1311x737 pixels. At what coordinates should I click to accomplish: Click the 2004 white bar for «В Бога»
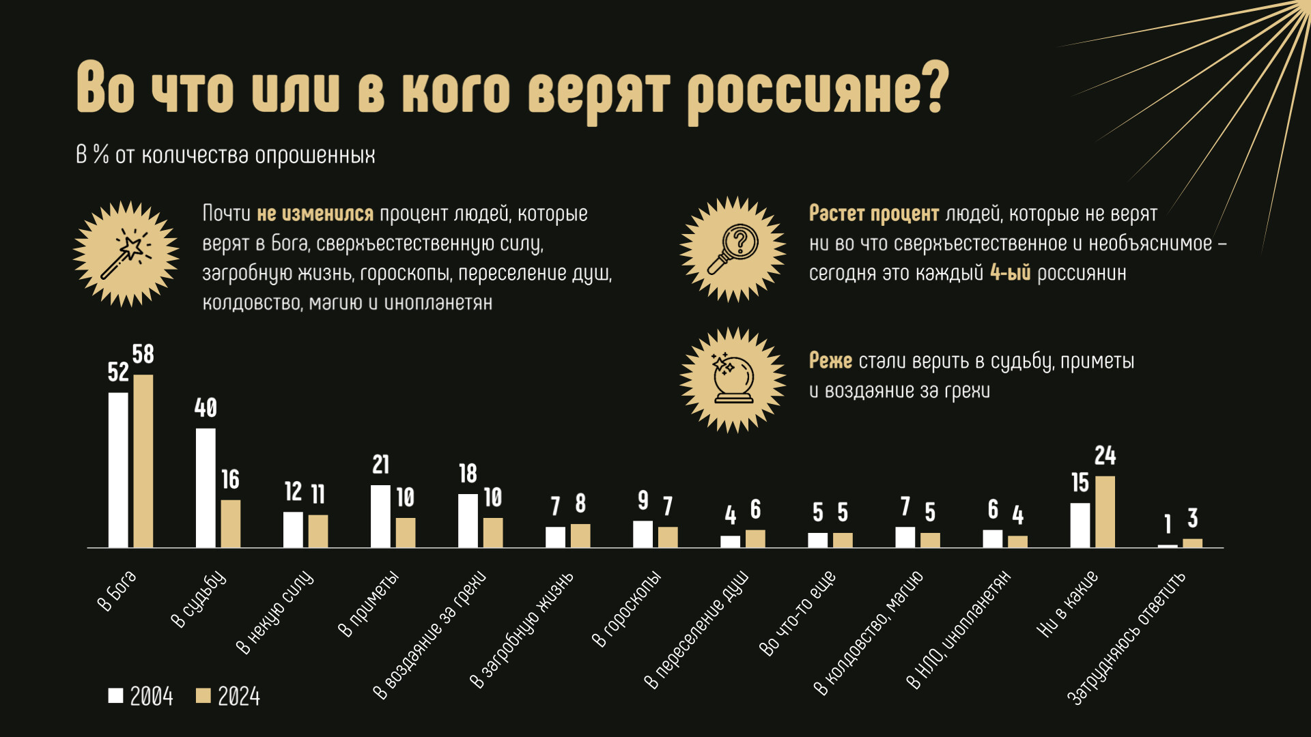pyautogui.click(x=118, y=469)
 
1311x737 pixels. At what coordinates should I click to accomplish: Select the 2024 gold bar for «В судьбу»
pyautogui.click(x=230, y=523)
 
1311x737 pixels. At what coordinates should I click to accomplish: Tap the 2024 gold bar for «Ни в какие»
pyautogui.click(x=1105, y=511)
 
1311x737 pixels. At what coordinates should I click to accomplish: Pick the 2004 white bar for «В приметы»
pyautogui.click(x=380, y=516)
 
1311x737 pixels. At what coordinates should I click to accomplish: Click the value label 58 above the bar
pyautogui.click(x=143, y=354)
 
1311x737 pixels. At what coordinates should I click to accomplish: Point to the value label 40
pyautogui.click(x=206, y=408)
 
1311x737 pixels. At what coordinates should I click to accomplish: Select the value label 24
pyautogui.click(x=1105, y=456)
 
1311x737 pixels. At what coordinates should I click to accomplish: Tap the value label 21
pyautogui.click(x=380, y=465)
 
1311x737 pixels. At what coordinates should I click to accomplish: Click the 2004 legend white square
pyautogui.click(x=115, y=695)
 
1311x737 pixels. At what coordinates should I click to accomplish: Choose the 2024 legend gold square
pyautogui.click(x=203, y=695)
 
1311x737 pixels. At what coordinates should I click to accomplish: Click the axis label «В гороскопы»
pyautogui.click(x=626, y=609)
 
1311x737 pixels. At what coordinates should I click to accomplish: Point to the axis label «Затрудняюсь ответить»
pyautogui.click(x=1126, y=638)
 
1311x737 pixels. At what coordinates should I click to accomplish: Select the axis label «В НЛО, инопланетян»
pyautogui.click(x=957, y=630)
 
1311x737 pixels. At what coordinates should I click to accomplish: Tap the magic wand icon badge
pyautogui.click(x=126, y=254)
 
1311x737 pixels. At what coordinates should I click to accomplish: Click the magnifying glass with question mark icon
pyautogui.click(x=733, y=249)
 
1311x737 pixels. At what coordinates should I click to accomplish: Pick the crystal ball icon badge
pyautogui.click(x=733, y=380)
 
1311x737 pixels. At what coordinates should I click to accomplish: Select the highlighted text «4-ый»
pyautogui.click(x=1010, y=273)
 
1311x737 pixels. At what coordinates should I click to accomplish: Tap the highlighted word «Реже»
pyautogui.click(x=830, y=360)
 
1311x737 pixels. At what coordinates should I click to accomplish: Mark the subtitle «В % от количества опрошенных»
pyautogui.click(x=225, y=156)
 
